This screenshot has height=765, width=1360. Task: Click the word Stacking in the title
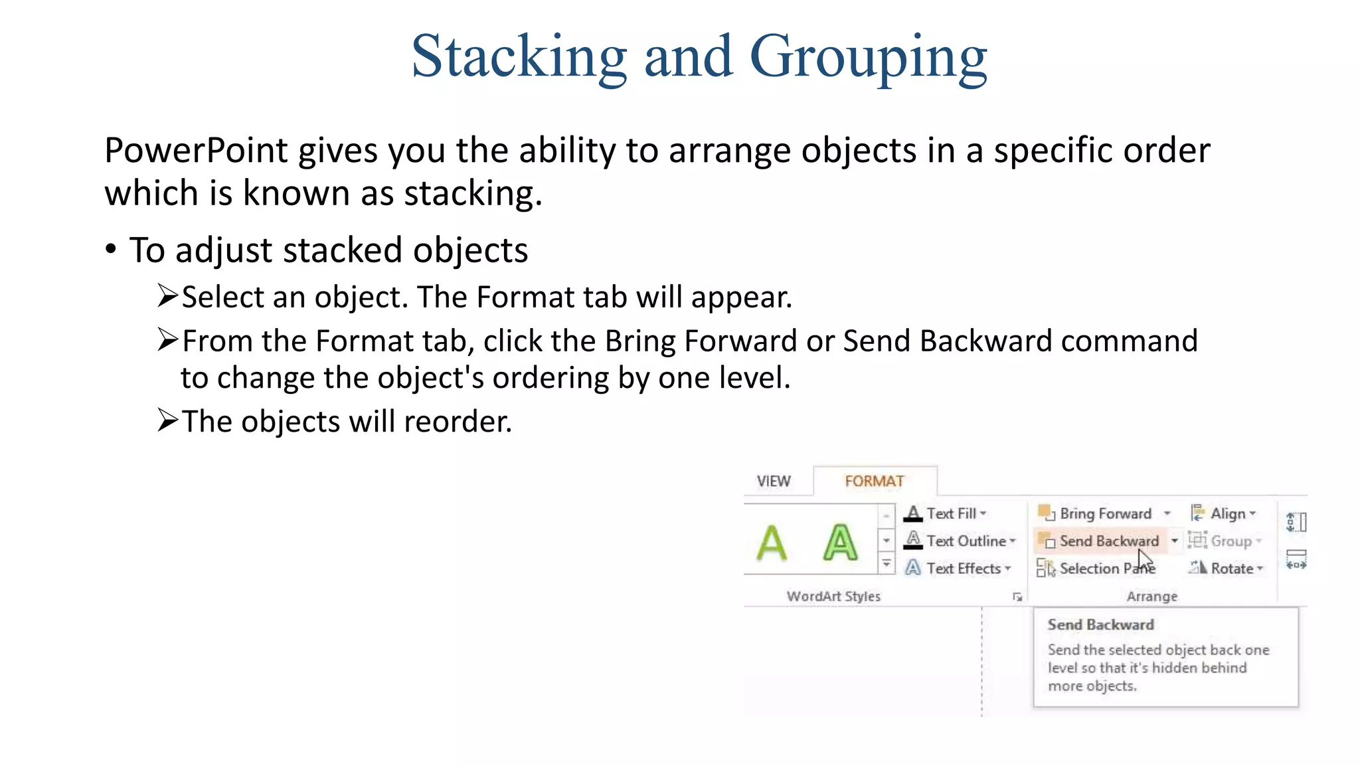click(x=519, y=57)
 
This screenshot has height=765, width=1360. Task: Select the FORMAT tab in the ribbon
click(x=874, y=481)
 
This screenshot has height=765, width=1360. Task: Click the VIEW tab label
click(x=774, y=481)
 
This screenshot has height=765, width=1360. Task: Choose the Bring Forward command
click(x=1104, y=513)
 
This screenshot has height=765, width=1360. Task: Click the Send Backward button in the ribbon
click(x=1108, y=541)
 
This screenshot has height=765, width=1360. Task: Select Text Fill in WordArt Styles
click(x=950, y=513)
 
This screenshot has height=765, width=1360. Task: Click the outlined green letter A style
click(x=840, y=543)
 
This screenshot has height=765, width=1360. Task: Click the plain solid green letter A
click(x=772, y=543)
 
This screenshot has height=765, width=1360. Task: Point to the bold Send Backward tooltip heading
click(x=1100, y=625)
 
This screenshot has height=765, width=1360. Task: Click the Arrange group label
click(x=1151, y=596)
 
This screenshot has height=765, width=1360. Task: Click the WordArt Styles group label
click(x=833, y=596)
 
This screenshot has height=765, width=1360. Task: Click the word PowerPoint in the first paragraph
click(x=195, y=151)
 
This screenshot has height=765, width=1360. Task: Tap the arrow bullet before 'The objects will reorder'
click(x=167, y=420)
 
